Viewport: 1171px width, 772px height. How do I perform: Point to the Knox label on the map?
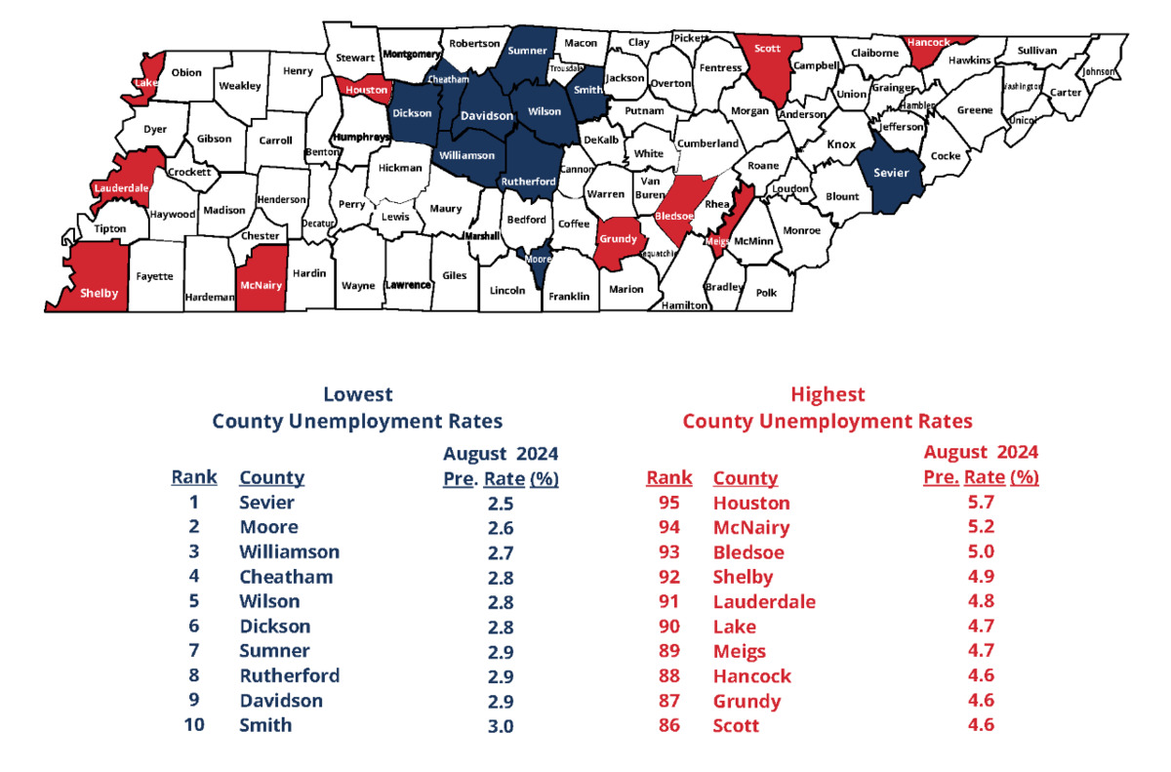click(x=841, y=143)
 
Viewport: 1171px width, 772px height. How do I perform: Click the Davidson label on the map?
click(x=486, y=115)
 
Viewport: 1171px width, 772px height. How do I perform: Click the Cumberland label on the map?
click(x=708, y=143)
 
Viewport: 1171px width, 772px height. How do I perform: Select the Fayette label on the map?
click(x=155, y=276)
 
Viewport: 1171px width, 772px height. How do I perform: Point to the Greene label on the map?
click(x=974, y=110)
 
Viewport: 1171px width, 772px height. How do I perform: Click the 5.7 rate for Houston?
click(x=981, y=504)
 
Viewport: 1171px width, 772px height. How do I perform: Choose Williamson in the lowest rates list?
click(x=289, y=551)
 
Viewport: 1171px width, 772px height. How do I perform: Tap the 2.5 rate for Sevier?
click(x=501, y=504)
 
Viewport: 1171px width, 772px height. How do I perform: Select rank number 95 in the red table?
click(x=669, y=504)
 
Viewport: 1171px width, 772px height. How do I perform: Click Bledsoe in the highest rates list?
click(x=749, y=552)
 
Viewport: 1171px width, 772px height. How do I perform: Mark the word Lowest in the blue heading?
click(x=357, y=394)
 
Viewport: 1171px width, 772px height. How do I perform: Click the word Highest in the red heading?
click(x=828, y=394)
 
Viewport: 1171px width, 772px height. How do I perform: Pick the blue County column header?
click(x=271, y=477)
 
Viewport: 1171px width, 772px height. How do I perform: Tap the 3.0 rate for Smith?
click(x=501, y=725)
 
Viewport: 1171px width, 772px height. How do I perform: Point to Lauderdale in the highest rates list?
click(x=764, y=602)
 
